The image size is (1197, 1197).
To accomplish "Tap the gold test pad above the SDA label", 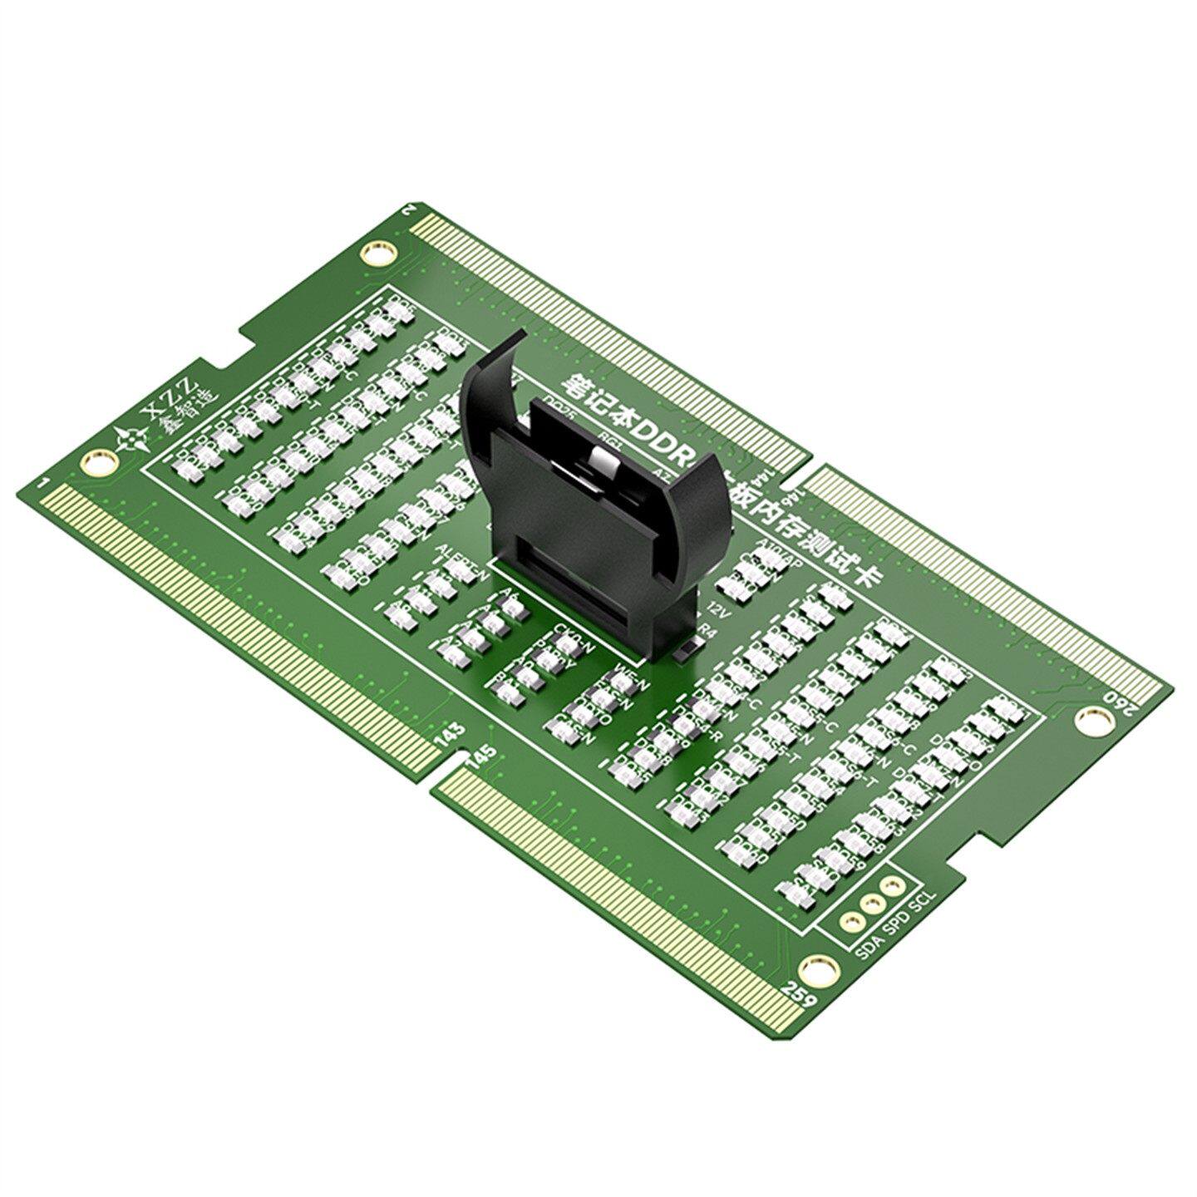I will (850, 921).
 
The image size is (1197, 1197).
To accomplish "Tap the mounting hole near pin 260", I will (1087, 721).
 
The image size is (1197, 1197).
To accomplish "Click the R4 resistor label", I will (707, 632).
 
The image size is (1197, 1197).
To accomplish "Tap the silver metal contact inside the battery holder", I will (600, 459).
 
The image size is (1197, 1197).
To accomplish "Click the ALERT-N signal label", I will (461, 557).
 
